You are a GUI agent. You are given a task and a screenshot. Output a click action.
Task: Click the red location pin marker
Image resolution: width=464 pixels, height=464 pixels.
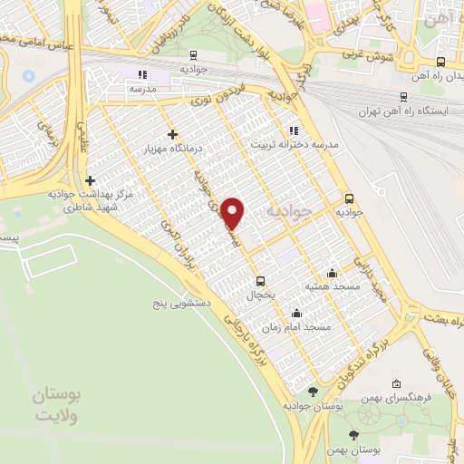pyautogui.click(x=234, y=213)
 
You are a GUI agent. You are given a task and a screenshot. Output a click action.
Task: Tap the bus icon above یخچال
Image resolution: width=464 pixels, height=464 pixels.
pyautogui.click(x=261, y=280)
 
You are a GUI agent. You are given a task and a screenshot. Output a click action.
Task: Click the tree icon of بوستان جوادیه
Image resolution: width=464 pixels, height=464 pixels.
pyautogui.click(x=314, y=391)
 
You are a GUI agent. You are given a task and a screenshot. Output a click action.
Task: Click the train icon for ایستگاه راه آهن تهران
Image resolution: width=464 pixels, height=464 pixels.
pyautogui.click(x=403, y=97)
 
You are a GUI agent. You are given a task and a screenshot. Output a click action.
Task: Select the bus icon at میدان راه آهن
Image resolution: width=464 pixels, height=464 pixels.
pyautogui.click(x=440, y=63)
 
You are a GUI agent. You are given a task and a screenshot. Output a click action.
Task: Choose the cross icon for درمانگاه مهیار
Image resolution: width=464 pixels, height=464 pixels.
pyautogui.click(x=172, y=134)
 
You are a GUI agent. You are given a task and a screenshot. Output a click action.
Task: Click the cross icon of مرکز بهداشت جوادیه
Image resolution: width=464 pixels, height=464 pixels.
pyautogui.click(x=90, y=180)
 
